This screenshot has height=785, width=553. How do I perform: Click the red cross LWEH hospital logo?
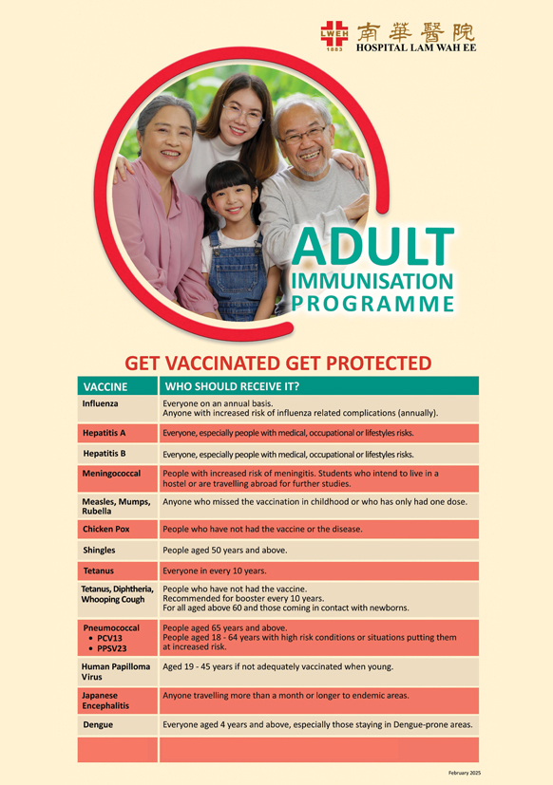coord(335,35)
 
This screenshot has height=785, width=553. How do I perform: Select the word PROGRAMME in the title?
coord(372,304)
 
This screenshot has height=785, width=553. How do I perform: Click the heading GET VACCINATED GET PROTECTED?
coord(278,364)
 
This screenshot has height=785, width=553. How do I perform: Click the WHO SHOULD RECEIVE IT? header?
coord(233,387)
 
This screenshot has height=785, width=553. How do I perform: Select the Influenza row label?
coord(100,404)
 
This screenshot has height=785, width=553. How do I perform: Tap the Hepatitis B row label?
coord(105,454)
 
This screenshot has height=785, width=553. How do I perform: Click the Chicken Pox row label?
coord(106,529)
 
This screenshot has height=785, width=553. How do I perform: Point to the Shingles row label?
coord(100,551)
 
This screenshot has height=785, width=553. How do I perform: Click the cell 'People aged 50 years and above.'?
coord(225,551)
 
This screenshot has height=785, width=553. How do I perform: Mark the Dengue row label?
coord(97,725)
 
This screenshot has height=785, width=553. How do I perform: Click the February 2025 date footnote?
coord(464,774)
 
